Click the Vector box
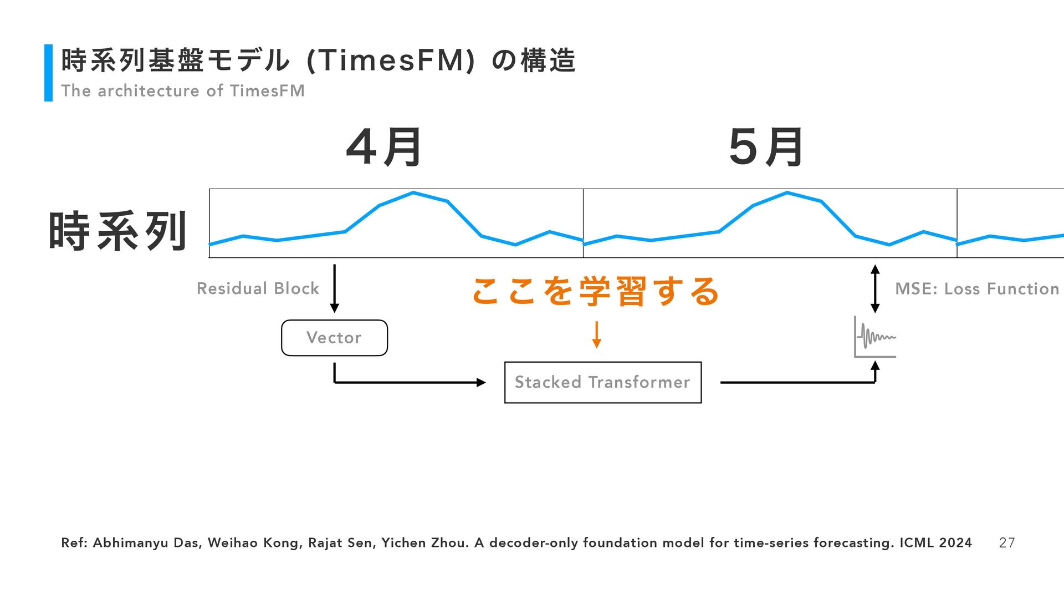click(x=334, y=338)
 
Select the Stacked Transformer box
click(x=602, y=382)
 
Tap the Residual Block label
click(x=258, y=288)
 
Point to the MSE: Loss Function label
click(x=977, y=289)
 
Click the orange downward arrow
click(x=596, y=334)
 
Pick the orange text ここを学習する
click(x=596, y=291)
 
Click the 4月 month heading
click(x=384, y=148)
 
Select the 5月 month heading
click(x=766, y=148)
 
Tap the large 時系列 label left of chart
click(x=117, y=231)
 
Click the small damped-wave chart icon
click(x=875, y=337)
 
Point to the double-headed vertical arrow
click(x=875, y=288)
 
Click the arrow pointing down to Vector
click(x=334, y=288)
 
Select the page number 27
click(x=1006, y=543)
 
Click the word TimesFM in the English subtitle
click(x=267, y=91)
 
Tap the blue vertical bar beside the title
click(x=48, y=73)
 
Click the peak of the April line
click(x=413, y=193)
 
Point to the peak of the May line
click(x=787, y=193)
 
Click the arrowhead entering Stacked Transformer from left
click(x=481, y=382)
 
